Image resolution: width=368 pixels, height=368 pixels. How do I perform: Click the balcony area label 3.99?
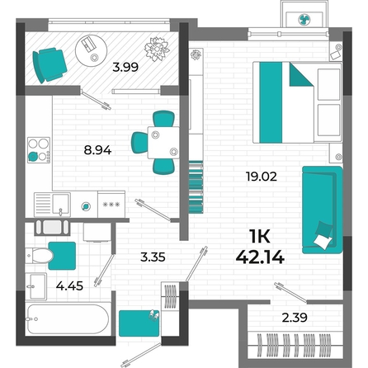coord(125,67)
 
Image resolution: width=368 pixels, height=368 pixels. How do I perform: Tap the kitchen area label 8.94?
coord(97,150)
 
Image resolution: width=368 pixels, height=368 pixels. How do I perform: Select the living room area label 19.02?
coord(262,177)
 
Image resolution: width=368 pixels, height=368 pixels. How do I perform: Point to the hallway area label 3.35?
coord(153,257)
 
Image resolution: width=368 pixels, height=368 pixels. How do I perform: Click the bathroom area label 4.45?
coord(69,286)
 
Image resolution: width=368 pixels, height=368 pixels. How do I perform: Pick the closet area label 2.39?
coord(295,318)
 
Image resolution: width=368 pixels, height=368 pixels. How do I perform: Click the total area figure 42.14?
coord(260,257)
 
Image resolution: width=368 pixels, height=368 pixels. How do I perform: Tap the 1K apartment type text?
coord(260,237)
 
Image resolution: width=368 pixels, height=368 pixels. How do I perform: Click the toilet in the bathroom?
coord(40,256)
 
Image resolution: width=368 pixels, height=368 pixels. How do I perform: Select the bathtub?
coord(68,319)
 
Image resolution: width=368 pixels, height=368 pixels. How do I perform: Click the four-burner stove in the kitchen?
coord(39,150)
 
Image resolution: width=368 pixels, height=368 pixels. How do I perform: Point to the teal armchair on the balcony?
coord(50,65)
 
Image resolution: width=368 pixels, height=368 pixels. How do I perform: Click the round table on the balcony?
coord(91,50)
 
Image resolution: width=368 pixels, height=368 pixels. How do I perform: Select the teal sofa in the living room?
coord(323,210)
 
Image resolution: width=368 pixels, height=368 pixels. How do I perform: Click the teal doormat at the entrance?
coord(139,323)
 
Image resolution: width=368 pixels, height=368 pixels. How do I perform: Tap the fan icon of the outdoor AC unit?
coord(304,20)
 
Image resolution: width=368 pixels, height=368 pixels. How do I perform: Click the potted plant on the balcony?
coord(157,49)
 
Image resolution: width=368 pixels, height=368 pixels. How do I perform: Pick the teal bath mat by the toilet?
coord(62,256)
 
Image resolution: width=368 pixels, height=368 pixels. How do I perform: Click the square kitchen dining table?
coord(163,143)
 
